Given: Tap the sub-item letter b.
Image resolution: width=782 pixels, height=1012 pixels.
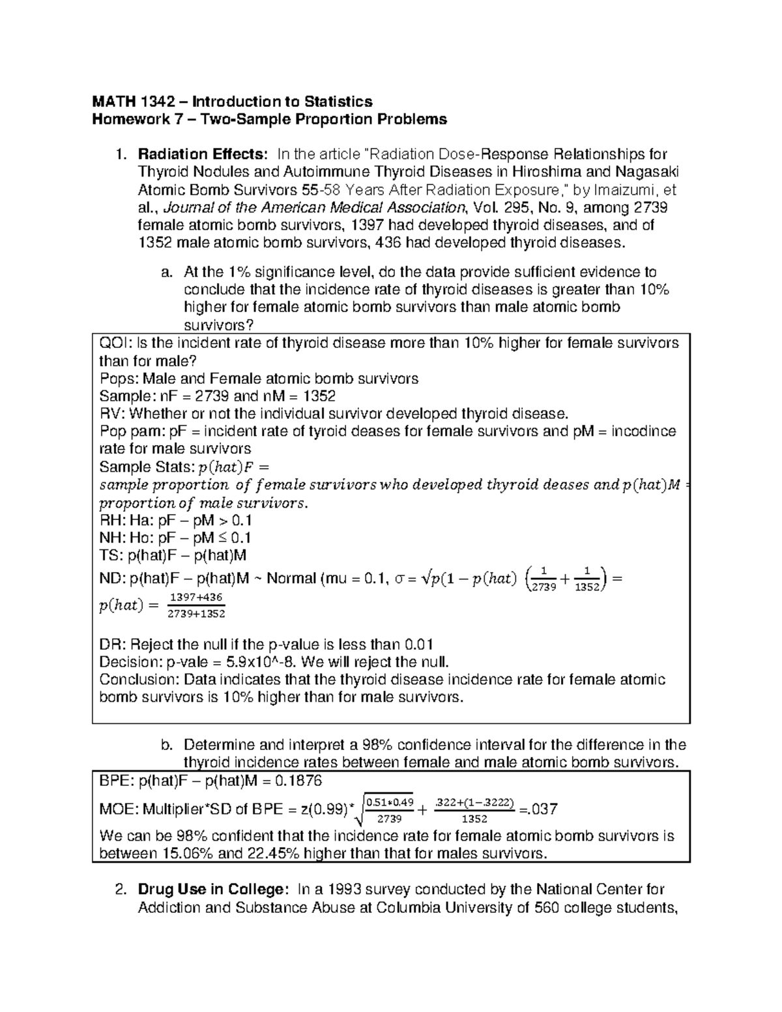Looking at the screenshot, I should click(166, 745).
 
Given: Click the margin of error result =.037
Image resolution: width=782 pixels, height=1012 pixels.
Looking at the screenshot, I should click(538, 809).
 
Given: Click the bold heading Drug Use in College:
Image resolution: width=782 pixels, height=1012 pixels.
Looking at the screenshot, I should click(211, 889).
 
